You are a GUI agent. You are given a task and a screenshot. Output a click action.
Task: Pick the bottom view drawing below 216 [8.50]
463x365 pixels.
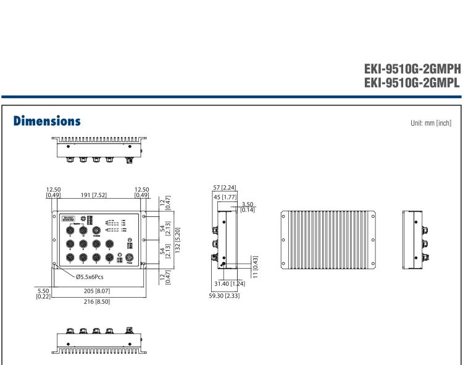click(101, 337)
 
